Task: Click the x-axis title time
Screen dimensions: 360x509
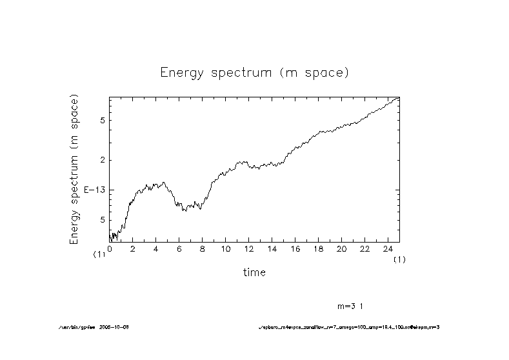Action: click(254, 272)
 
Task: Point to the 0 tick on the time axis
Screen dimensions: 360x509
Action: click(110, 249)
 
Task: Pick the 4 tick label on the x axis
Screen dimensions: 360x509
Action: click(156, 249)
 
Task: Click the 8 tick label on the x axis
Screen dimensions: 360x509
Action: click(203, 249)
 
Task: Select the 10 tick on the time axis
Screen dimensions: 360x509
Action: click(225, 249)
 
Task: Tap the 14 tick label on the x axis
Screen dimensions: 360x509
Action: click(272, 249)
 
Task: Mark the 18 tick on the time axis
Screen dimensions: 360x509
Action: click(318, 249)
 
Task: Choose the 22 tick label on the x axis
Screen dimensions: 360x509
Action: click(364, 249)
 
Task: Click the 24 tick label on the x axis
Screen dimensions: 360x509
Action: click(388, 249)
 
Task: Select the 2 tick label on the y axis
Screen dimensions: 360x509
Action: click(101, 160)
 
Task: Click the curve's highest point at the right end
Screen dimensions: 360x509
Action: click(399, 97)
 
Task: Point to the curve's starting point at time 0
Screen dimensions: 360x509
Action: click(110, 236)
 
